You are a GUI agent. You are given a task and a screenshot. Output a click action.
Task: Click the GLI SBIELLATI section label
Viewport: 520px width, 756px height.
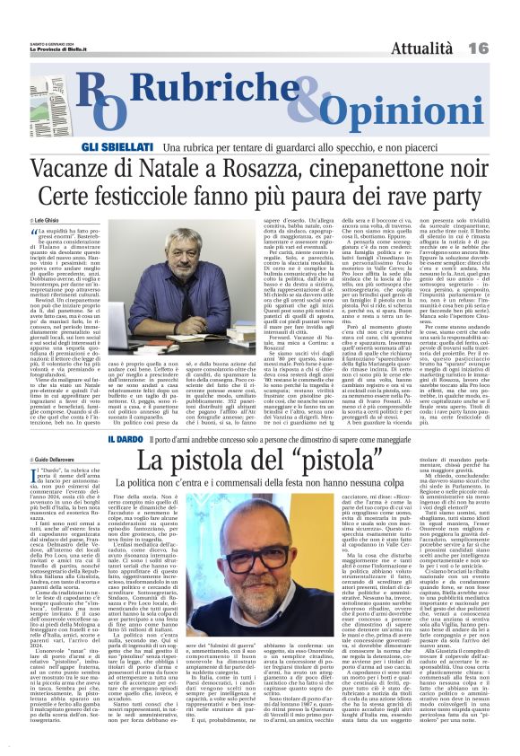click(x=132, y=145)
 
